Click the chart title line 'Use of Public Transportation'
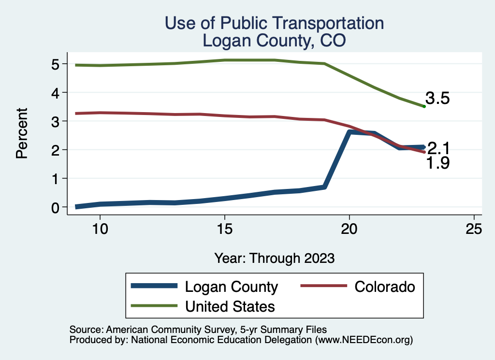click(274, 23)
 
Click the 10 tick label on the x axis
click(100, 229)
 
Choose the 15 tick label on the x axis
click(224, 229)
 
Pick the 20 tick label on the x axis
click(349, 229)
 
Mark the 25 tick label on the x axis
click(474, 229)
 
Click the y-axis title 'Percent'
click(21, 133)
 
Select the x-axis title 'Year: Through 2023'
click(274, 258)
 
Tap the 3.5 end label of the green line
click(437, 99)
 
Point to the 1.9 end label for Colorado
click(437, 164)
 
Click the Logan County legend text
click(232, 287)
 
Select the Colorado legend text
click(384, 287)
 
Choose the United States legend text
click(230, 306)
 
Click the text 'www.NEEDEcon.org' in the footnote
click(364, 340)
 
